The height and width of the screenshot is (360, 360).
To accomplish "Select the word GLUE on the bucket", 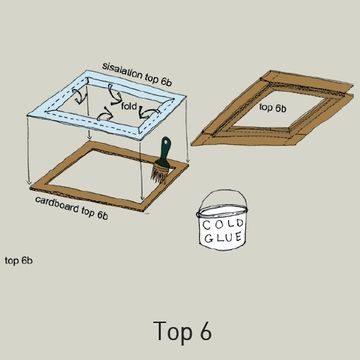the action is (x=223, y=237).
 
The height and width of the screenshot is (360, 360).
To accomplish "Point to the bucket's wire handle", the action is (x=222, y=198).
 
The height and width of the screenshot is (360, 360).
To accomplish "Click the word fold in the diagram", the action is (x=129, y=106).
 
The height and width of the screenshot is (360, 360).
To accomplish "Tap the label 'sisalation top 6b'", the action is (x=137, y=74).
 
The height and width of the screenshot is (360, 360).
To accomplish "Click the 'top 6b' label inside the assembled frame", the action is (x=273, y=107).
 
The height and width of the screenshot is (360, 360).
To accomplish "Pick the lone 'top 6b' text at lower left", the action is (x=18, y=260).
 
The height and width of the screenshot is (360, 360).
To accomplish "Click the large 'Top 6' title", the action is (x=182, y=330).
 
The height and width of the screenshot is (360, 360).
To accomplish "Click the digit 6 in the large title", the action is (x=204, y=330).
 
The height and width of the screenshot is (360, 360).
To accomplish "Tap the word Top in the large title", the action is (x=173, y=331).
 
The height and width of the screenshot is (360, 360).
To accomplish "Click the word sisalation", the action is (x=122, y=71).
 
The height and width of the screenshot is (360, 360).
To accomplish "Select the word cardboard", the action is (x=57, y=204).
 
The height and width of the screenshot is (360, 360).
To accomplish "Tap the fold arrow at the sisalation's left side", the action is (x=79, y=97).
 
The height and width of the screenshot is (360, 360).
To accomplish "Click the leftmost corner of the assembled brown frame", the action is (x=191, y=144).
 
